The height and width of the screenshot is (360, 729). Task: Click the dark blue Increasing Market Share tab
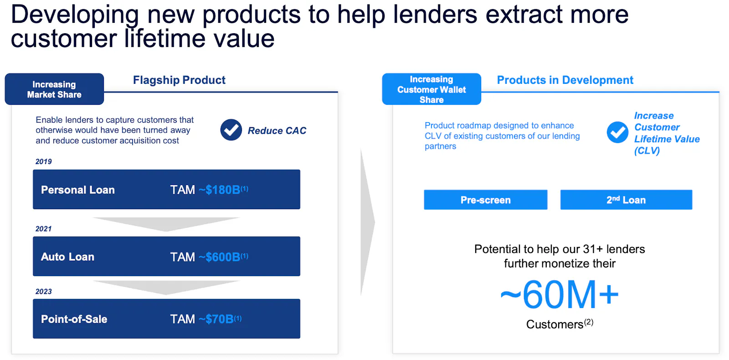coord(54,89)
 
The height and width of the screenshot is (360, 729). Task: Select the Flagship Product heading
coord(179,80)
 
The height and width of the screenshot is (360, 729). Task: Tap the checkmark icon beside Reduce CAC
coord(231,130)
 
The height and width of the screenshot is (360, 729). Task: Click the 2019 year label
coord(44,161)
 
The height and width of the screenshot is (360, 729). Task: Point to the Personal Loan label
coord(78,190)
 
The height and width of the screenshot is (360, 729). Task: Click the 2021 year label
coord(44,229)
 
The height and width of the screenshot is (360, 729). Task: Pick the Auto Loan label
coord(68,257)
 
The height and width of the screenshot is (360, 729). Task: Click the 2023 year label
coord(44,291)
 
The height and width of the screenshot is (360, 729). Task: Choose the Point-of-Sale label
coord(74,319)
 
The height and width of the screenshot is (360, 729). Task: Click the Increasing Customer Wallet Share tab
coord(431,89)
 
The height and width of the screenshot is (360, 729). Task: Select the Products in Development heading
coord(565,80)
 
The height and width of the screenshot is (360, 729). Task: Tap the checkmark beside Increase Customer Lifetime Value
coord(617,132)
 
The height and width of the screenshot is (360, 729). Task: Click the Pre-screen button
coord(486,200)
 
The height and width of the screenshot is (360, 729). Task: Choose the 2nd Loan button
coord(626,200)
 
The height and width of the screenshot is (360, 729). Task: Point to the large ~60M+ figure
coord(559,294)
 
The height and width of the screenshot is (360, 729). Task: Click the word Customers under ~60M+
coord(554,324)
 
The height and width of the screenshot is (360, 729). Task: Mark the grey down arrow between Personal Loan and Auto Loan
coord(166,223)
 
